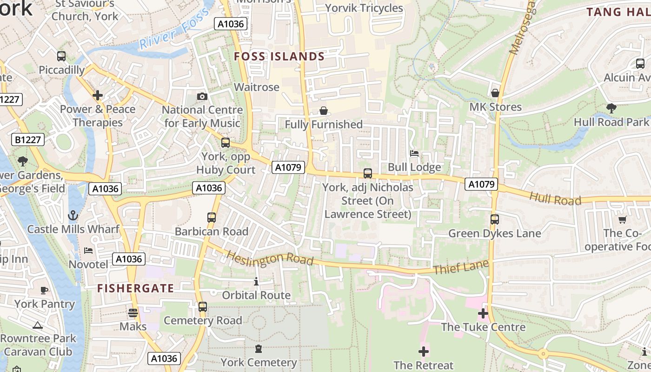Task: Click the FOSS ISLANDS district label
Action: (x=279, y=57)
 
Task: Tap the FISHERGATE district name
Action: (x=135, y=288)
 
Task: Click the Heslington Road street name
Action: (x=270, y=259)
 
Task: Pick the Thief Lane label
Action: (x=461, y=267)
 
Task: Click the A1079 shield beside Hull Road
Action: (x=481, y=184)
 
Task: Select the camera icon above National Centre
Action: (x=202, y=96)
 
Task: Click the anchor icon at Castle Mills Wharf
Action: (x=73, y=215)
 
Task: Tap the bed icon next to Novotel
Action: (x=88, y=251)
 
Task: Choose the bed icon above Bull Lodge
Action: (x=414, y=153)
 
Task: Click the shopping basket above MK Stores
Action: (x=495, y=93)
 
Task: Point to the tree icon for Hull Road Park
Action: (x=611, y=108)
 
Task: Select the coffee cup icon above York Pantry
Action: (x=44, y=290)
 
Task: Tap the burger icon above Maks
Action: (x=133, y=312)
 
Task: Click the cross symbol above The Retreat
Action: (x=423, y=351)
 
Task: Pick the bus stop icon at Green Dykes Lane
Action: (x=495, y=219)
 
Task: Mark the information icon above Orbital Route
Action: (x=256, y=281)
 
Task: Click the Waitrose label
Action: (x=257, y=87)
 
